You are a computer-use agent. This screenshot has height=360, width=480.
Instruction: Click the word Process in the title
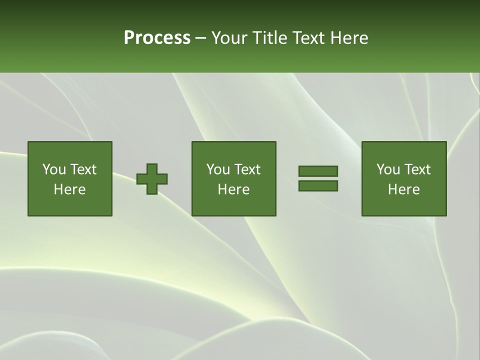157,38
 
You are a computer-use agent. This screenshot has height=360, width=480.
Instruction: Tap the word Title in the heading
269,38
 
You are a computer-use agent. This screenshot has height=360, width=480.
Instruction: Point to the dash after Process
200,38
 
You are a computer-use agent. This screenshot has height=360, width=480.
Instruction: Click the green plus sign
152,179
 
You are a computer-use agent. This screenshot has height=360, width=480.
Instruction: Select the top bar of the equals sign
318,171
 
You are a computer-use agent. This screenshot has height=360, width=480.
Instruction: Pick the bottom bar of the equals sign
318,186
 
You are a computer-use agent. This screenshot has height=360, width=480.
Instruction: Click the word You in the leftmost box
54,169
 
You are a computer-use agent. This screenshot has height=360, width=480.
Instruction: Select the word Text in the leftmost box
82,169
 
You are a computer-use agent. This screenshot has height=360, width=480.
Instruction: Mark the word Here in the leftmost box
70,189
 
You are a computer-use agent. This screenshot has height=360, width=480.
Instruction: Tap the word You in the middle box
218,169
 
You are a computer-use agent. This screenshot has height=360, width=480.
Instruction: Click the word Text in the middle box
246,169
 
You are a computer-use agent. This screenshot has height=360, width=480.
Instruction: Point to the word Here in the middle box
234,189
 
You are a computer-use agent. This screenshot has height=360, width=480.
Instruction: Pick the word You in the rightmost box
388,169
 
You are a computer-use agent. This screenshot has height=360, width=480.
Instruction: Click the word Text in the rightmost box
416,169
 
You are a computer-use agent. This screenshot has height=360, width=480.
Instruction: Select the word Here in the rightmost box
404,189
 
